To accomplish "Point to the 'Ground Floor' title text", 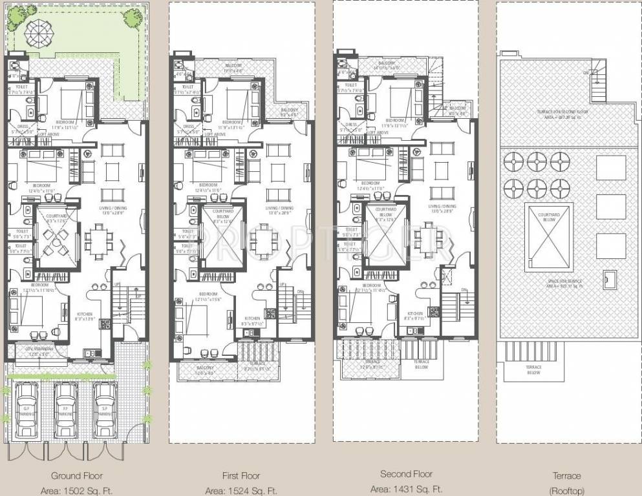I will point(77,475).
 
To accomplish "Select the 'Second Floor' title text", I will point(406,474).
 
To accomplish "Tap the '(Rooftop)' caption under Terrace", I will point(566,490).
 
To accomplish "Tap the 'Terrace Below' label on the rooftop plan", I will point(533,369).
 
